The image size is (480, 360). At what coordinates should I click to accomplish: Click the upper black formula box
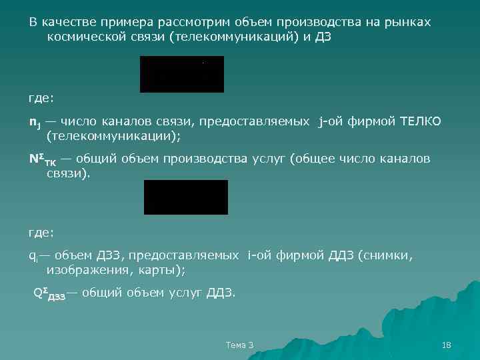point(181,74)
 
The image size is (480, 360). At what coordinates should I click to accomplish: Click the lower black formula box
point(185,197)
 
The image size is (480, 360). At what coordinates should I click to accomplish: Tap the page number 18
point(447,345)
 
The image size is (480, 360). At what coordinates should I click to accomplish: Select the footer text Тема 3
point(239,345)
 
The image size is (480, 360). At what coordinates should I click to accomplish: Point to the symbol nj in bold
point(34,122)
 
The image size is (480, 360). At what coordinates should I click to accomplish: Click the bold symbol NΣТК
point(42,159)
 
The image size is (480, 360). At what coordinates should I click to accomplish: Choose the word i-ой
point(261,255)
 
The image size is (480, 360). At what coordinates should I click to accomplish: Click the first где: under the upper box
point(41,99)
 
